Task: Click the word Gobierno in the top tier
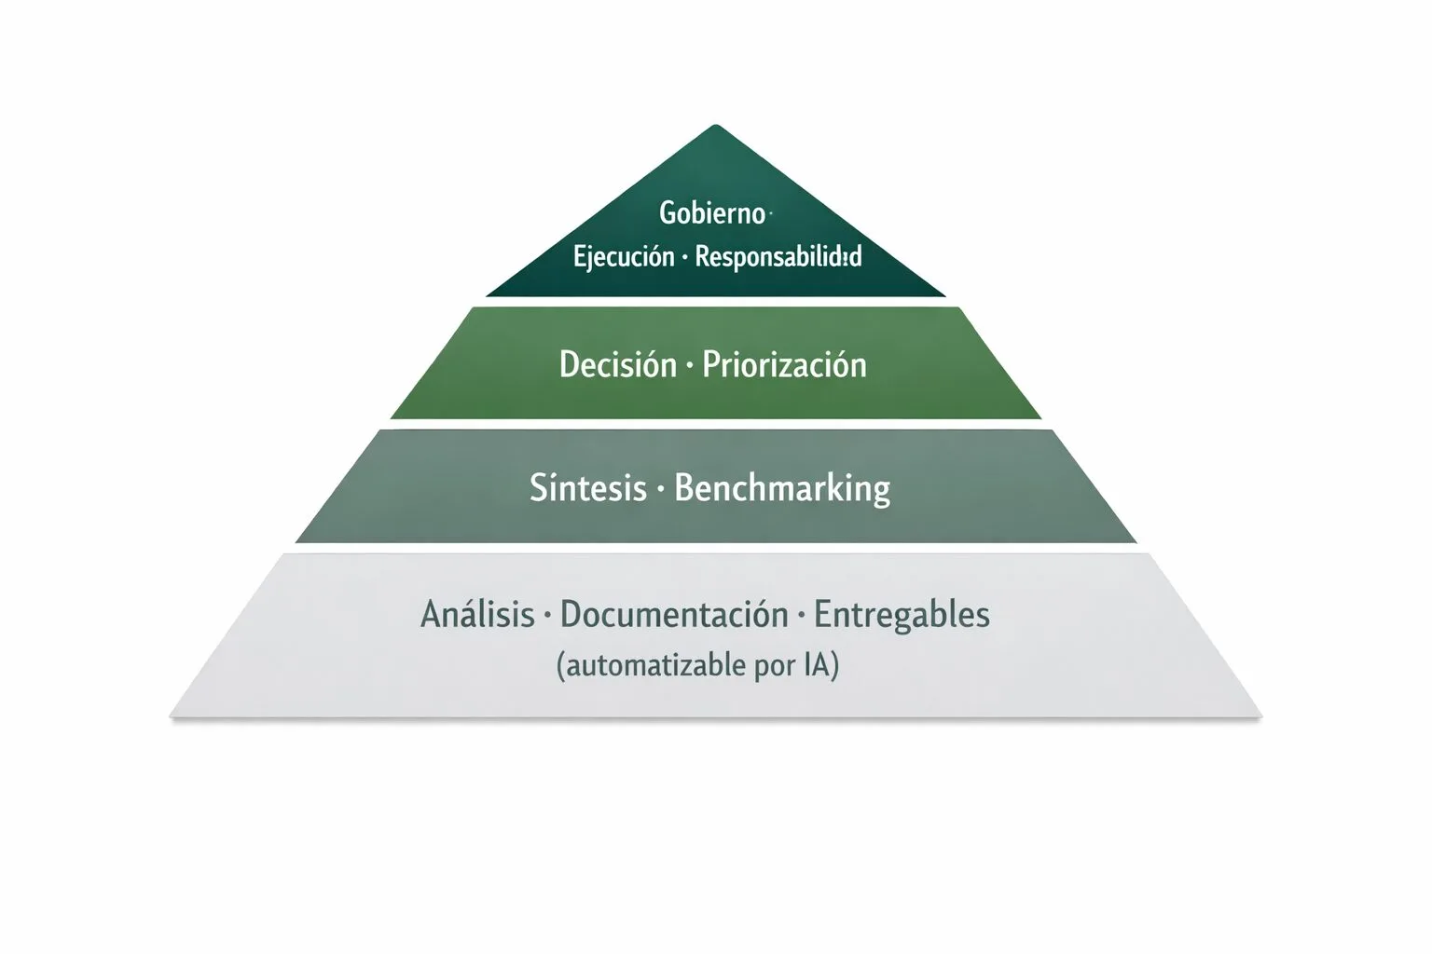pos(711,213)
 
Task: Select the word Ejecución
pos(624,256)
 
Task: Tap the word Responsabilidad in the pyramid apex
pos(778,256)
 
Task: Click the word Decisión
pos(617,364)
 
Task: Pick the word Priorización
pos(784,364)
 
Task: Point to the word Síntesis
pos(587,488)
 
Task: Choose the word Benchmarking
pos(781,488)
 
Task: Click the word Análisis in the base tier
pos(477,615)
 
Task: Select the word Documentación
pos(674,615)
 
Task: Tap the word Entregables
pos(902,615)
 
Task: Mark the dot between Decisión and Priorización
pos(689,366)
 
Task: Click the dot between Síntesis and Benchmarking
pos(660,490)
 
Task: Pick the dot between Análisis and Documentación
pos(547,616)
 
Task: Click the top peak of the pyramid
pos(714,127)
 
